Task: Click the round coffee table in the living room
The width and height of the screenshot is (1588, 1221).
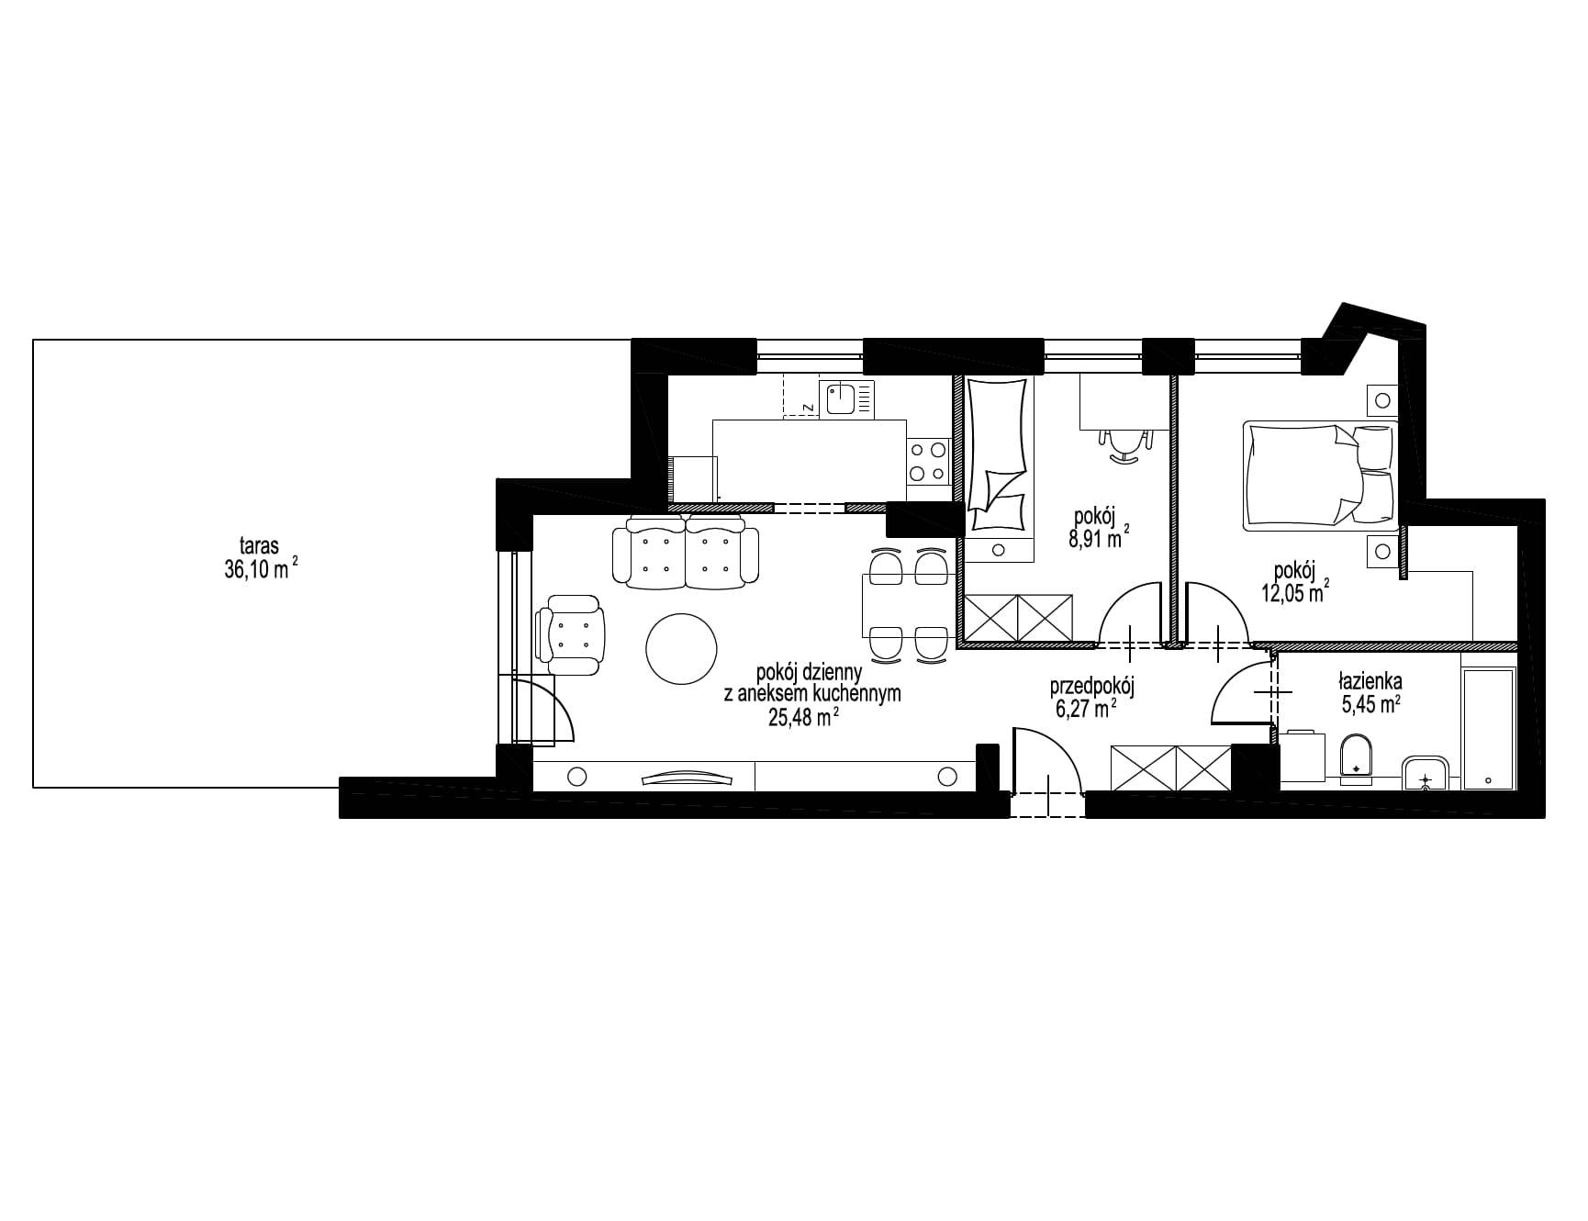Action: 681,648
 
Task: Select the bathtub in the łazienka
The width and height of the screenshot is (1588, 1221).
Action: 1488,730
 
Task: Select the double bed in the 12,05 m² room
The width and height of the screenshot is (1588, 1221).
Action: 1320,476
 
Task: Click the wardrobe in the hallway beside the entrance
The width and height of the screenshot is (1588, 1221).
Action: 1170,768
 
